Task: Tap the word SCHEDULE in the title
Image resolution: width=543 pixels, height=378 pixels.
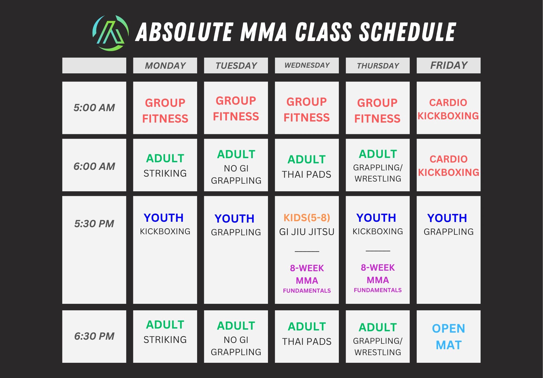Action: [x=407, y=32]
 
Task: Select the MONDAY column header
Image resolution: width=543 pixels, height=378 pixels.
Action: [x=165, y=65]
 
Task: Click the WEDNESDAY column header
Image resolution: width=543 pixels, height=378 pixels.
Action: [x=307, y=65]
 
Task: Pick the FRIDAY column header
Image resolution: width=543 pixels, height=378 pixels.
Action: [x=449, y=65]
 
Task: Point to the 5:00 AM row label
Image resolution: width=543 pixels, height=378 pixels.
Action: [x=94, y=108]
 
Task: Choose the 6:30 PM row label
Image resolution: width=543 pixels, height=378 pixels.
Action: [x=94, y=336]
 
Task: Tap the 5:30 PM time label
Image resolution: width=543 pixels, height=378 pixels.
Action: [x=94, y=224]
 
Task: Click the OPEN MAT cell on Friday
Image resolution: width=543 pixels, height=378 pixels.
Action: [x=449, y=337]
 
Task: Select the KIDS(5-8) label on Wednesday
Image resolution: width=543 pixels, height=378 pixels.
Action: [x=307, y=218]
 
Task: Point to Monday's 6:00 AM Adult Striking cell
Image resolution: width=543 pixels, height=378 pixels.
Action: [x=165, y=165]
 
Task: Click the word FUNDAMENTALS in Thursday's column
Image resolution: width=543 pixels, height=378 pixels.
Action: [x=378, y=290]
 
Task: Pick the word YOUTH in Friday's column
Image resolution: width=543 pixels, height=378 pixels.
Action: [x=447, y=218]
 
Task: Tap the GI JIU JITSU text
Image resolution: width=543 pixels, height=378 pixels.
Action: [x=307, y=232]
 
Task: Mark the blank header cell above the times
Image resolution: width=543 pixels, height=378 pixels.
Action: [x=94, y=65]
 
